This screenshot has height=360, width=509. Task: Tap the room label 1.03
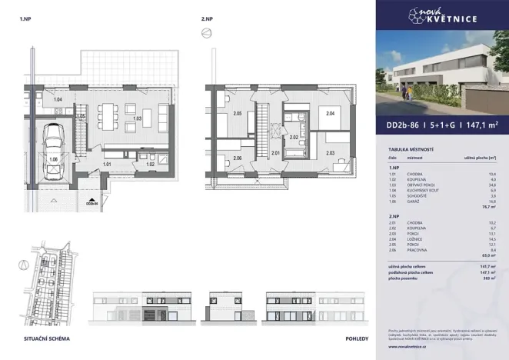coord(138,118)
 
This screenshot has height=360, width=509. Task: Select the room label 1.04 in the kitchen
coord(57,100)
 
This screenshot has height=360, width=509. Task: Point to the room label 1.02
coord(151,164)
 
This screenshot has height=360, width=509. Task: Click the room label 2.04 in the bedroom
coord(330,114)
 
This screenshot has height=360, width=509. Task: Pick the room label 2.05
coord(238,114)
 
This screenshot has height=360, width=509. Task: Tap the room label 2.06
coord(238,158)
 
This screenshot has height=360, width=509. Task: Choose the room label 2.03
coord(330,153)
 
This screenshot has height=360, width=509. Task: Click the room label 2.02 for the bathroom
coord(293,137)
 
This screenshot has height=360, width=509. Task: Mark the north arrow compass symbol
coord(205,32)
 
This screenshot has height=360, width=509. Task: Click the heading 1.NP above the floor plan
coord(25,16)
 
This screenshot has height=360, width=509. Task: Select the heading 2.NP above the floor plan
coord(206,16)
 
